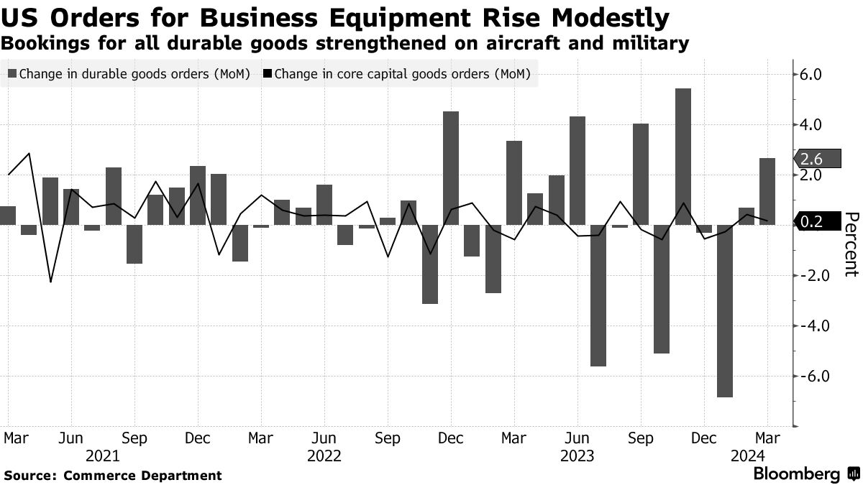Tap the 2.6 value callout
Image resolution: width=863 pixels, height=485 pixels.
[811, 160]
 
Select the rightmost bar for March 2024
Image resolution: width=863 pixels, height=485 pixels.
[767, 191]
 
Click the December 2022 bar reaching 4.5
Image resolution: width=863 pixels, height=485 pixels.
[451, 168]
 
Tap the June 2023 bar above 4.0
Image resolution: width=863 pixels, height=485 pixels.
[577, 170]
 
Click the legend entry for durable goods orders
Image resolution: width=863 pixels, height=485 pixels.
[129, 73]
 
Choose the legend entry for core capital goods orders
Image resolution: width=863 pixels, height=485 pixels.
[396, 73]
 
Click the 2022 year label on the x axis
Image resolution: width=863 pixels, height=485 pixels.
[324, 456]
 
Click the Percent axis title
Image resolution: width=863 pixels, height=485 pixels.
[851, 244]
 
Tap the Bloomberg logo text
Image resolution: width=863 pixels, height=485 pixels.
[796, 474]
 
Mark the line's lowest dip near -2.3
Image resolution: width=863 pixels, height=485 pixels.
[50, 282]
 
